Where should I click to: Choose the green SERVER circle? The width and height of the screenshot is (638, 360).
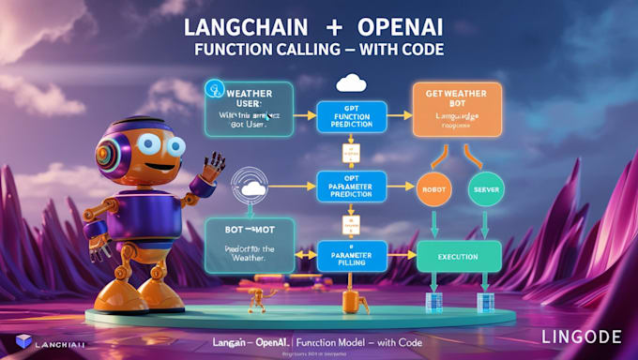[487, 188]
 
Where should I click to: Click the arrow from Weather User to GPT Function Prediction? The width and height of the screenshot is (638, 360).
[304, 116]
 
